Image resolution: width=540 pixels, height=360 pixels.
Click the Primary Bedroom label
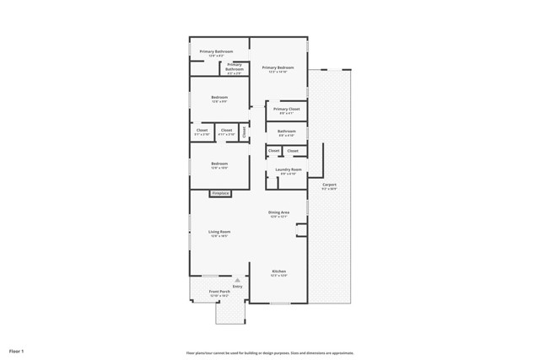coord(278,67)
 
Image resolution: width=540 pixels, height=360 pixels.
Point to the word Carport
coord(329,184)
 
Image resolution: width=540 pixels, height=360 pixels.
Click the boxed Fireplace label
coord(219,193)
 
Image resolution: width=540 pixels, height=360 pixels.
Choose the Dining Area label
coord(278,212)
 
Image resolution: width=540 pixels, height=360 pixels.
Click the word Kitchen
coord(278,271)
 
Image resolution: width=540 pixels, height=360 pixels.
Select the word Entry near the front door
coord(237,286)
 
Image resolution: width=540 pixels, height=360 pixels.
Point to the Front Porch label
coord(219,292)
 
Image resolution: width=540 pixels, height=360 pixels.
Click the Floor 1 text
coord(17,350)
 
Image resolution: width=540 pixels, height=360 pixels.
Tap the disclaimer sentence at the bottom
coord(269,352)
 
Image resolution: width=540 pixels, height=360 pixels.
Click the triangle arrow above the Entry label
coord(237,280)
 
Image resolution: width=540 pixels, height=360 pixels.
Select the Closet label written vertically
coord(245,132)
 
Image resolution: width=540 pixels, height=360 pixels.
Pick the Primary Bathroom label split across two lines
coord(235,65)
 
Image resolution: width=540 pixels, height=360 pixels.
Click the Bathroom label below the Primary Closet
coord(287,131)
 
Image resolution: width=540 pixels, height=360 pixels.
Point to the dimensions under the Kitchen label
coord(278,276)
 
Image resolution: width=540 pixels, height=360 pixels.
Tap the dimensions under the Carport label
coord(329,189)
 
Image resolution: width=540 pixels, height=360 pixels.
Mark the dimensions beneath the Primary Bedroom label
coord(278,72)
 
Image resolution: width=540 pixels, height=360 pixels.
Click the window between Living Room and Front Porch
coord(210,276)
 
